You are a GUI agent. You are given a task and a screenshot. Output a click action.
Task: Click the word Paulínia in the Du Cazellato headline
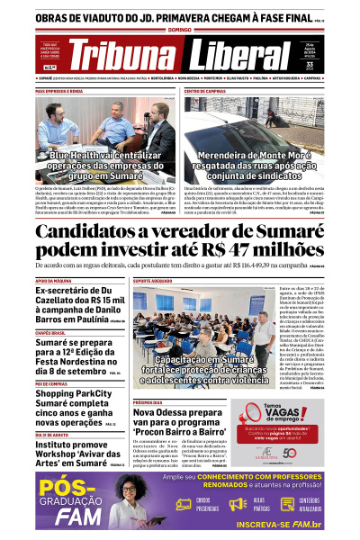point(105,318)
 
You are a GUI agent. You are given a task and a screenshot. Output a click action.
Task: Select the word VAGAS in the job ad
point(286,417)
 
